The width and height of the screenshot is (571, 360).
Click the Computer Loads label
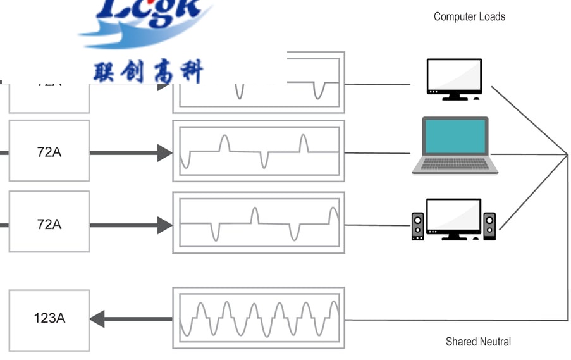click(469, 17)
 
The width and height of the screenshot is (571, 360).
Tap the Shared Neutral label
click(478, 342)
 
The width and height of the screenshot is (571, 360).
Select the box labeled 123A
click(49, 318)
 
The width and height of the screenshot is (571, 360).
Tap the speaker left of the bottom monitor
click(418, 226)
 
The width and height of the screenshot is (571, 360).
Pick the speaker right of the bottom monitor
click(489, 226)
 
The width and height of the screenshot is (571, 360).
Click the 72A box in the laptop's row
click(49, 152)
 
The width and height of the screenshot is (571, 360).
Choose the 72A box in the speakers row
click(49, 224)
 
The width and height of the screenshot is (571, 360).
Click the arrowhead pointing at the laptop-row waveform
click(164, 152)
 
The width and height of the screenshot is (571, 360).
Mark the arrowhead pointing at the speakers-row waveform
click(164, 225)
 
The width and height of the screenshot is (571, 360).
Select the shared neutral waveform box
click(259, 318)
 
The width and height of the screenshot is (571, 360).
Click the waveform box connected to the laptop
click(259, 152)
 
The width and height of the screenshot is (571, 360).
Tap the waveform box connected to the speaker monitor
click(259, 223)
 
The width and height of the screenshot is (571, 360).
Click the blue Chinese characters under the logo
click(149, 71)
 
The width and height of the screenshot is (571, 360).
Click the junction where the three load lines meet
click(567, 154)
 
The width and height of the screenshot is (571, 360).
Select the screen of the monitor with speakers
click(453, 216)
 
